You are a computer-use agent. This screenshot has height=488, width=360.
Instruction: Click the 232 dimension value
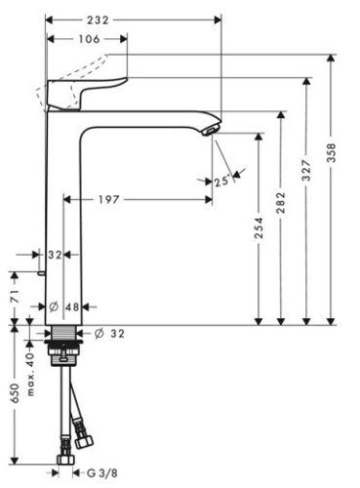coord(123,18)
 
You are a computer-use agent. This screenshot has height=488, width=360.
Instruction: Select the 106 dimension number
coord(87,38)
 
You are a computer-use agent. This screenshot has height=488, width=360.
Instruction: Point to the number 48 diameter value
coord(70,305)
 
